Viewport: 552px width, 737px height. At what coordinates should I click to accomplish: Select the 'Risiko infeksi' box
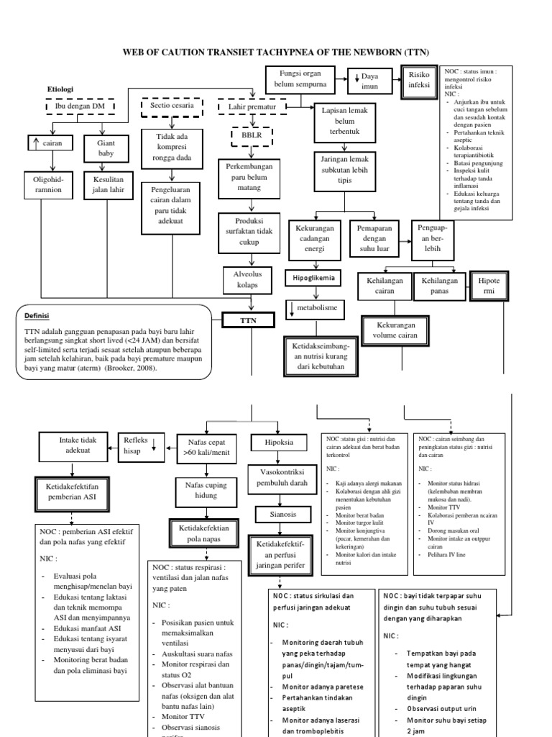(x=419, y=79)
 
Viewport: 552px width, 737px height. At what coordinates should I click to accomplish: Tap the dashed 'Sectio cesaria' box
(x=172, y=107)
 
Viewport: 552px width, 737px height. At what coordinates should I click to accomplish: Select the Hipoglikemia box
(x=313, y=278)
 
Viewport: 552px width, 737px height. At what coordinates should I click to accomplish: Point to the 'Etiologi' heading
(x=61, y=89)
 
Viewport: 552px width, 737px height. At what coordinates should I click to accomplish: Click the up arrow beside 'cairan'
(x=35, y=144)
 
